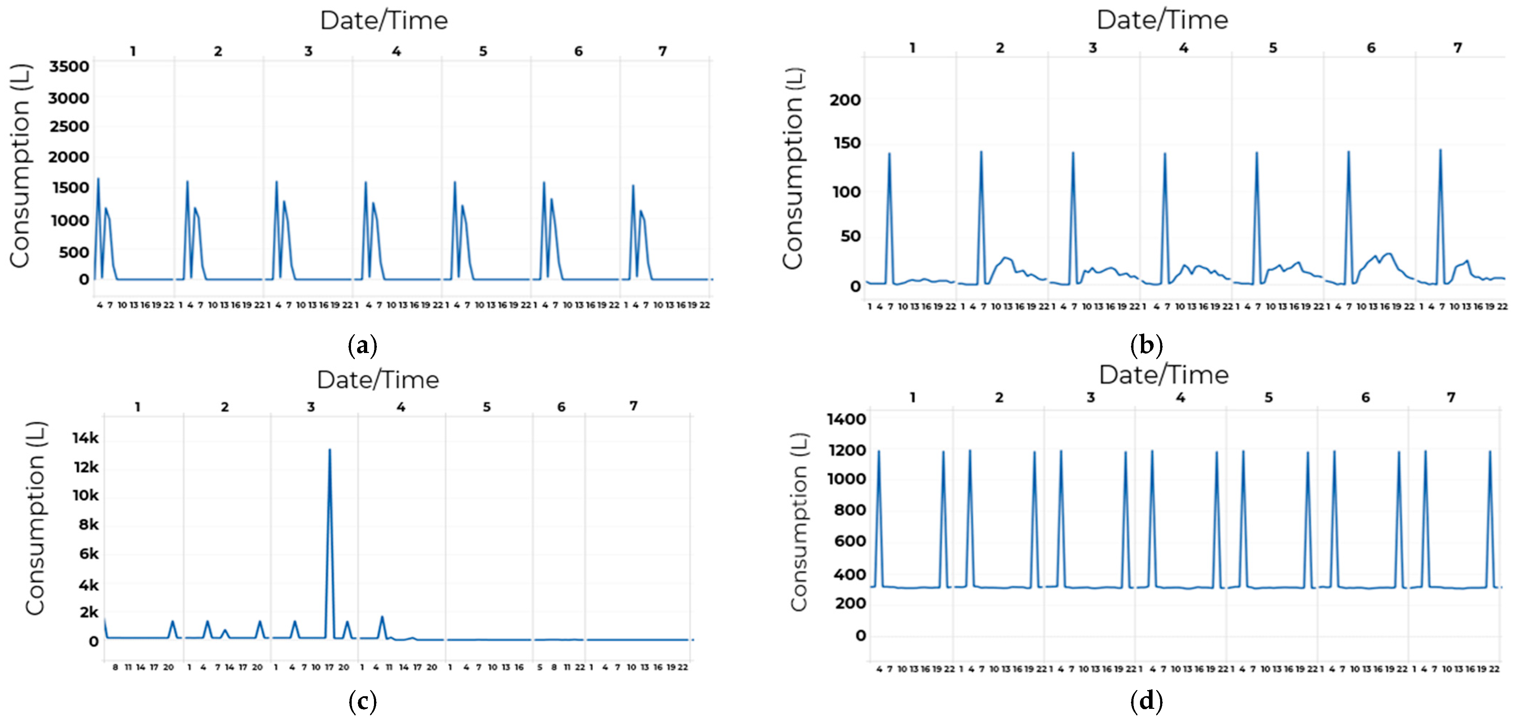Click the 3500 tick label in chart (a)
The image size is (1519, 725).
tap(69, 67)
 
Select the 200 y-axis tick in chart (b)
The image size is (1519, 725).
tap(845, 100)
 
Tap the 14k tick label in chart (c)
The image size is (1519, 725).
tap(86, 438)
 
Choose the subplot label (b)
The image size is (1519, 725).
tap(1147, 345)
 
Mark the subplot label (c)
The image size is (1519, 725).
tap(362, 702)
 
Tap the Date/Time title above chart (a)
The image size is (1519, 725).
tap(384, 21)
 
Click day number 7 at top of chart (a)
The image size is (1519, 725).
tap(663, 51)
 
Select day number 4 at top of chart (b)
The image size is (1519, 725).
tap(1183, 48)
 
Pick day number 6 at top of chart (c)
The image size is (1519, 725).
tap(561, 407)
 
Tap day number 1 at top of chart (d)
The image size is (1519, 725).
tap(912, 398)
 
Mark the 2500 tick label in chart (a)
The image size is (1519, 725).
tap(69, 127)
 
